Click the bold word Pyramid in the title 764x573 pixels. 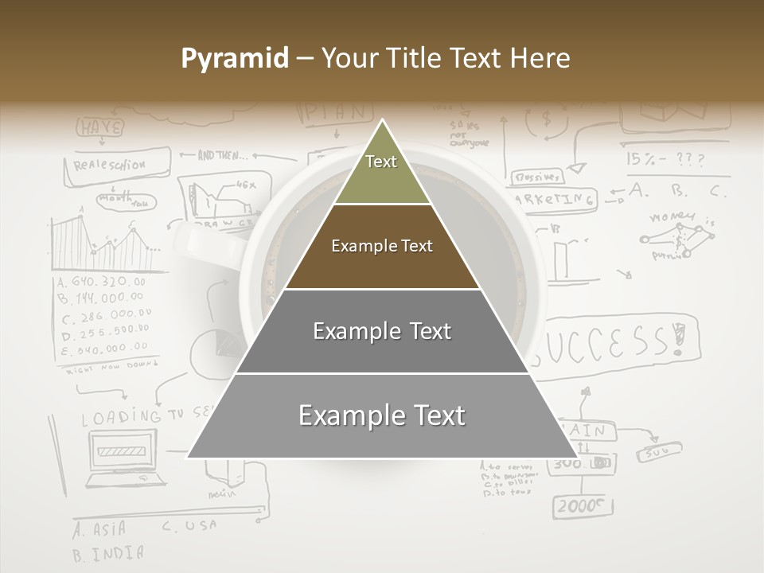coord(234,58)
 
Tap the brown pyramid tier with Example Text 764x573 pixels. coord(382,246)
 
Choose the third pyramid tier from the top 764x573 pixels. coord(382,331)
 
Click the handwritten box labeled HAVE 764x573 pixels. coord(101,127)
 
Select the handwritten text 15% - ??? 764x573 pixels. coord(665,159)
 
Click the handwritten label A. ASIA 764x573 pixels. coord(99,528)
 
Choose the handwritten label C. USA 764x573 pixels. coord(189,526)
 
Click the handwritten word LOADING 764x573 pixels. coord(120,416)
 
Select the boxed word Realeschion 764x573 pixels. coord(111,166)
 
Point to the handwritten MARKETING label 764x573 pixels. coord(557,199)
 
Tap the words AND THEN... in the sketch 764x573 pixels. coord(223,155)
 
